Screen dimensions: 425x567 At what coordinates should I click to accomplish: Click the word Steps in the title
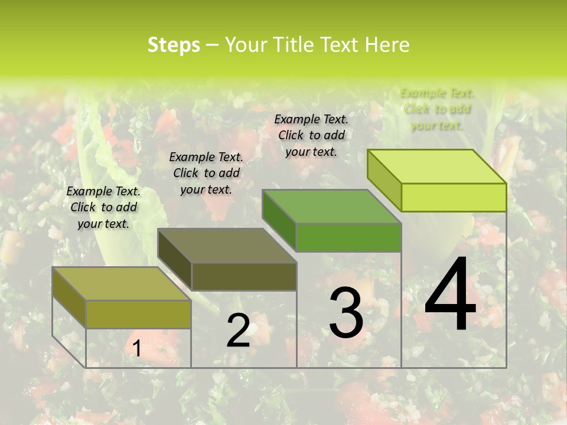coord(174,45)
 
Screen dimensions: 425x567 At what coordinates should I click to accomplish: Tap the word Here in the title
coord(387,45)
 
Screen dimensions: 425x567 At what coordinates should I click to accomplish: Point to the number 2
coord(238,331)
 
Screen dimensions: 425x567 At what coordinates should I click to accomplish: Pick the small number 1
coord(136,349)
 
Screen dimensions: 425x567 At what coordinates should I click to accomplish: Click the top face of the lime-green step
coord(437,166)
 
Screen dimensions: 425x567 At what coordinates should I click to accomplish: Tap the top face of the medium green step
coord(332,207)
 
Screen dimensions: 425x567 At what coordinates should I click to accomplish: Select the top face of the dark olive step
coord(227,246)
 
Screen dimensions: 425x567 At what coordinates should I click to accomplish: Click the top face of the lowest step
coord(122,284)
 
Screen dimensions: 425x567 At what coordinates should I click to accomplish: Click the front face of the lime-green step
coord(454,197)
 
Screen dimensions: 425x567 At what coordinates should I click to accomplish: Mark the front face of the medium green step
coord(348,237)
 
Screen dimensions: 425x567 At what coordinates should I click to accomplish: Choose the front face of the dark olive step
coord(244,276)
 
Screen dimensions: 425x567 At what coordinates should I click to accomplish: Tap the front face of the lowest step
coord(138,314)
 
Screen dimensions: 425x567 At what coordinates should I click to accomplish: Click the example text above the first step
coord(103,207)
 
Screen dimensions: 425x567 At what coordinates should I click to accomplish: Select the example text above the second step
coord(206,173)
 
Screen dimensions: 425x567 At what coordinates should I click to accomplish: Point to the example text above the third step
coord(311,135)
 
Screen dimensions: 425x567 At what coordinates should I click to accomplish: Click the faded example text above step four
coord(437,109)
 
